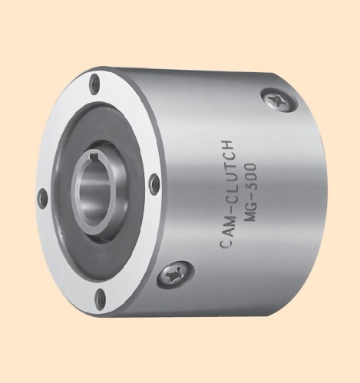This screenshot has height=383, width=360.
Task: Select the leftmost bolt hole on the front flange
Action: [x=43, y=199]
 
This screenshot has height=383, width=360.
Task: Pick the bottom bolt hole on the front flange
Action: [x=100, y=299]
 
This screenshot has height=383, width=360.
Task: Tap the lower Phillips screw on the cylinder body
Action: [x=175, y=275]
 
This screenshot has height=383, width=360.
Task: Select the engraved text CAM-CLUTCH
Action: [x=226, y=193]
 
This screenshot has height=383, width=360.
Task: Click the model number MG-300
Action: [x=249, y=192]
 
